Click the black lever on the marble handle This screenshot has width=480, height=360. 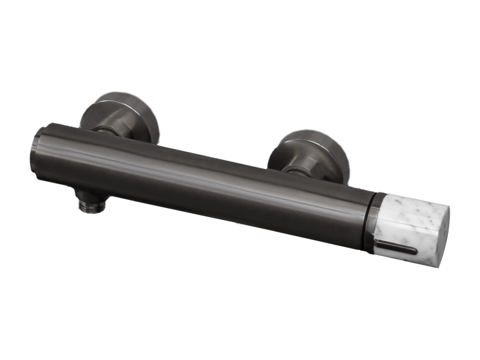[398, 247]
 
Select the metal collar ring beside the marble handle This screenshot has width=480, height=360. [375, 220]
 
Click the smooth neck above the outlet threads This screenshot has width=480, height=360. [91, 197]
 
